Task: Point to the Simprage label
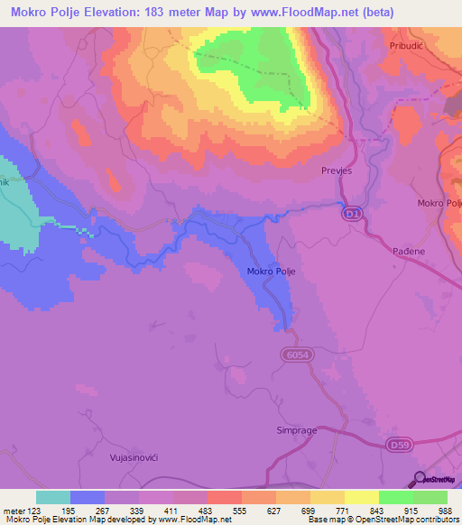pyautogui.click(x=296, y=430)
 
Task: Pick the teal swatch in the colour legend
pyautogui.click(x=53, y=497)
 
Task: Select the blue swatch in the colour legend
pyautogui.click(x=88, y=497)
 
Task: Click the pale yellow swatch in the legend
pyautogui.click(x=362, y=497)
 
